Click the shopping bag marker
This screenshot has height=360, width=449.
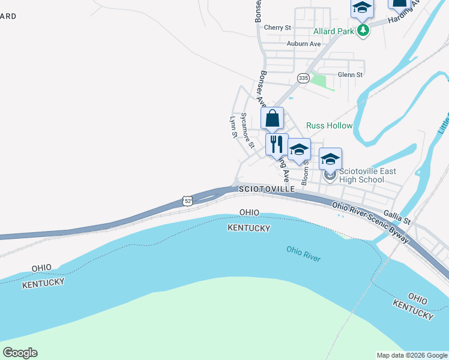coord(273,118)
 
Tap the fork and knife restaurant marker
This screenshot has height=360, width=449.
coord(277,144)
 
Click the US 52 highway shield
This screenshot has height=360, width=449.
coord(188,201)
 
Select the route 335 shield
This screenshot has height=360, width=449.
coord(303,78)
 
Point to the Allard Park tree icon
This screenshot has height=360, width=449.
coord(363,30)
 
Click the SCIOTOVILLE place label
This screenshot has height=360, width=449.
coord(267,189)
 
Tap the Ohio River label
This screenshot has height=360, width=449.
coord(303,254)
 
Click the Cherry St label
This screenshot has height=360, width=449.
coord(277,28)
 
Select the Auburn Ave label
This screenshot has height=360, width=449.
coord(303,44)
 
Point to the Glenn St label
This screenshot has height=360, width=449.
coord(350,75)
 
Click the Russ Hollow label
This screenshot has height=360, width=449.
coord(330,125)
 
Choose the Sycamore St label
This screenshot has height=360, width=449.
coord(247,130)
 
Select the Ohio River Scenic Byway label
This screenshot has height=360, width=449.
coord(370,222)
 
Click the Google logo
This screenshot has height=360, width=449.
coord(20,353)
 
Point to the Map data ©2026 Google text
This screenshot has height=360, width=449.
coord(411,355)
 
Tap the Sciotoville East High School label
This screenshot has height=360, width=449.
coord(361,175)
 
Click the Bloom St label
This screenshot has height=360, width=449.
coord(305,172)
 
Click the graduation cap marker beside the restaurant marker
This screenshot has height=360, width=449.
coord(299,149)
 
